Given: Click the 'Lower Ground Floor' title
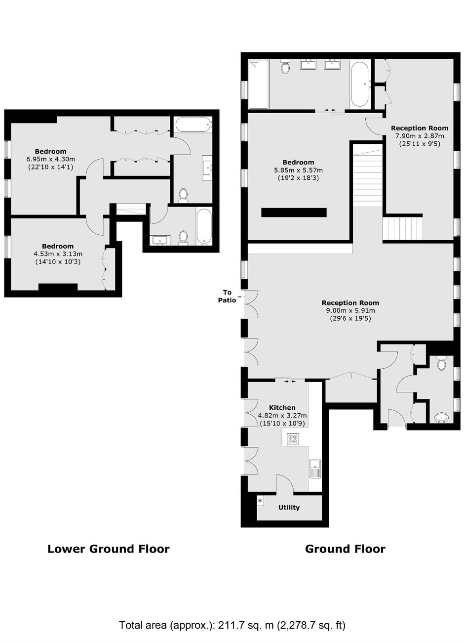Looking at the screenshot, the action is pos(109,549).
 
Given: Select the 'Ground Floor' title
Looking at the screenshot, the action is pos(345,549).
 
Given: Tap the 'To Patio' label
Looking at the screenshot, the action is pos(227,296).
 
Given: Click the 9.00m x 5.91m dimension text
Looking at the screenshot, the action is pos(350,310).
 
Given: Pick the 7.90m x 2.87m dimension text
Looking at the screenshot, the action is pos(419,136).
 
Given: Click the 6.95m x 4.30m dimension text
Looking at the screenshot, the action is pos(51,159).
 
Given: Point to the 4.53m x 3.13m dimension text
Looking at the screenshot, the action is pos(58,254).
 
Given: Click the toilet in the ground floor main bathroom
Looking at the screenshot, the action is pos(285,67).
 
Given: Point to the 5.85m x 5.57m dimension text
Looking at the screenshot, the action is pos(298,170).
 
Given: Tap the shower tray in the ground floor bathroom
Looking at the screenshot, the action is pos(258,84).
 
